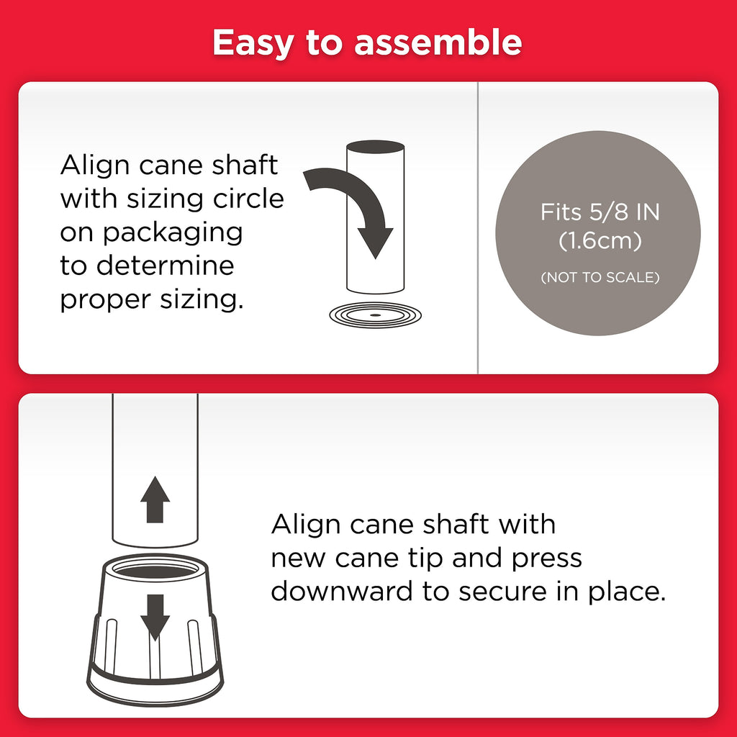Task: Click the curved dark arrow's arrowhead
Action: coord(375,242)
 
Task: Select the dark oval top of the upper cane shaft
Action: coord(375,147)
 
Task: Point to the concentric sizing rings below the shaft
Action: coord(375,315)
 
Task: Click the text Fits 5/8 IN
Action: coord(600,212)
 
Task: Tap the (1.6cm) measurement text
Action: coord(600,240)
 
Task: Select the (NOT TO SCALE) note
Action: coord(600,277)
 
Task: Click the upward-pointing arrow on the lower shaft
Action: coord(155,499)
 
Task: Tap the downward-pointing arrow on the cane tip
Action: coord(155,617)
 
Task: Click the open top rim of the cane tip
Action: coord(155,567)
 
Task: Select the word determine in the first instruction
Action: coord(165,266)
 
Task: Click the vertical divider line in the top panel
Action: coord(478,228)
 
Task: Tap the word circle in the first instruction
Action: coord(248,199)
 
